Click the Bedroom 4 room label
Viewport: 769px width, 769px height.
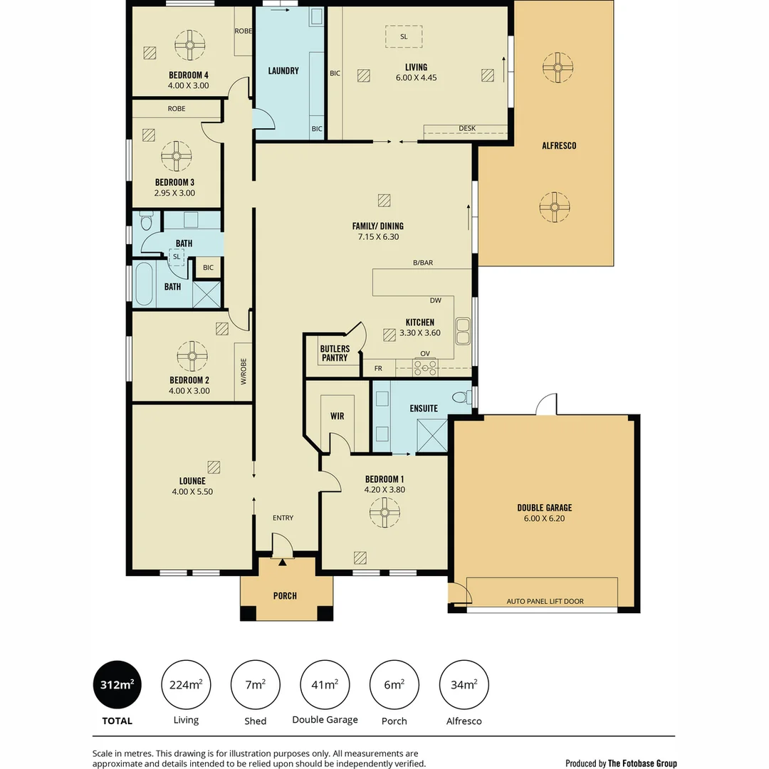point(189,75)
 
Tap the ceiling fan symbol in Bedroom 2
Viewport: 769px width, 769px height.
point(192,356)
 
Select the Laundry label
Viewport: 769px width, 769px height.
point(283,70)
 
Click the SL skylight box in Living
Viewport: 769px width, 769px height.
point(404,36)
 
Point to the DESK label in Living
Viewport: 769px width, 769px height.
point(467,128)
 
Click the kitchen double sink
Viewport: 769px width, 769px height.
point(463,331)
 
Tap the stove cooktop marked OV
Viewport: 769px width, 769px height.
point(425,367)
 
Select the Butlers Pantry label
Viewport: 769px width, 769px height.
point(335,353)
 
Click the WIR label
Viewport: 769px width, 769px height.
point(337,416)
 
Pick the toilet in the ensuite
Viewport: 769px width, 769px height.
point(461,397)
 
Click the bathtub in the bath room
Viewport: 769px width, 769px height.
point(144,283)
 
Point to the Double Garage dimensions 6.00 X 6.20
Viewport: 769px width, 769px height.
point(545,518)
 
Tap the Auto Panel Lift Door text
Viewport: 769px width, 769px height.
point(545,601)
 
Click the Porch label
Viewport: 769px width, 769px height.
point(285,596)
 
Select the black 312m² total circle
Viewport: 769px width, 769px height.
point(117,685)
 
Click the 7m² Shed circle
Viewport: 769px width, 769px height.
point(256,685)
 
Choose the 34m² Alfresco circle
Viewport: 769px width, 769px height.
point(464,685)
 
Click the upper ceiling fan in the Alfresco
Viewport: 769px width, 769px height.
point(558,67)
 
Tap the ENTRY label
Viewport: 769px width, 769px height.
point(283,518)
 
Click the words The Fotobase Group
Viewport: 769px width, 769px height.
point(642,763)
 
